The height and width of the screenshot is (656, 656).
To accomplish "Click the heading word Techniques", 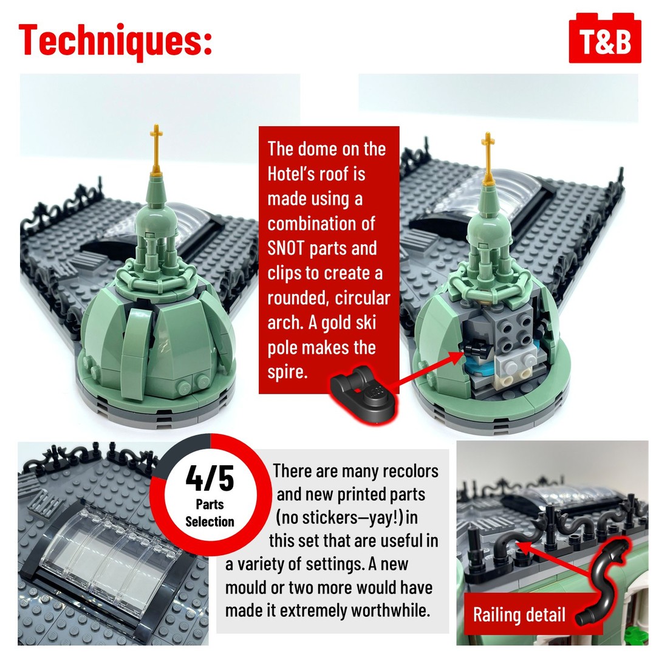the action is pyautogui.click(x=115, y=40).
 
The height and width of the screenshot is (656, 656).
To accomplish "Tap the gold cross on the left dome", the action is pyautogui.click(x=157, y=149).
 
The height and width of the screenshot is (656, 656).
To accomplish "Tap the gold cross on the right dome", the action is pyautogui.click(x=488, y=157).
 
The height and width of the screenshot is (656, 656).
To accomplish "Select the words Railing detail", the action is pyautogui.click(x=519, y=615).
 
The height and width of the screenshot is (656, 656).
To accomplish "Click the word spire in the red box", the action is pyautogui.click(x=288, y=372).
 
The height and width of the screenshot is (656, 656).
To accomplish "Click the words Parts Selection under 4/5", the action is pyautogui.click(x=210, y=513).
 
